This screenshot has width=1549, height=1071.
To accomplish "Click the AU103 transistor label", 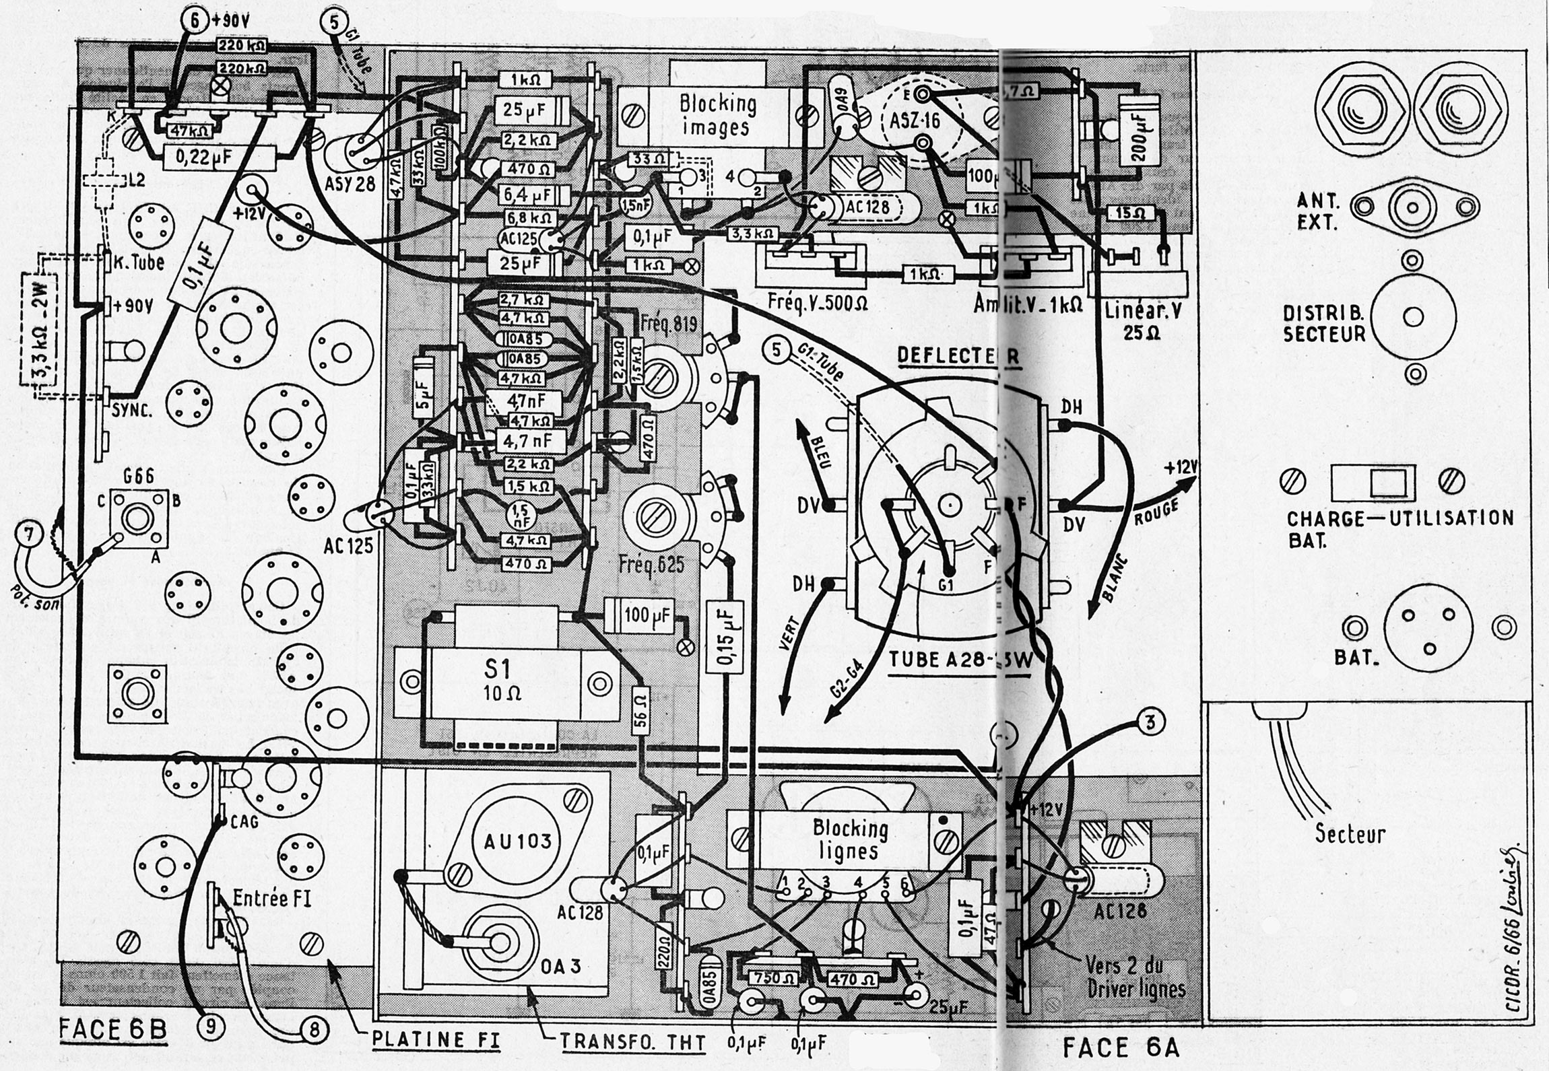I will (517, 841).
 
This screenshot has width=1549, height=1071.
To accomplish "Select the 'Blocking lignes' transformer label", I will (849, 839).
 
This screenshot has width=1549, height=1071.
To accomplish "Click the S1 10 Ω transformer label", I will (498, 680).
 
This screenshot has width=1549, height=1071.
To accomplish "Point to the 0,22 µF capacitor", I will (220, 158).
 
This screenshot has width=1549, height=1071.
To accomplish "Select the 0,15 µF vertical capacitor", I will (725, 634).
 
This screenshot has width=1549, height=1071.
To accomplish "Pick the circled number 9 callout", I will (211, 1026).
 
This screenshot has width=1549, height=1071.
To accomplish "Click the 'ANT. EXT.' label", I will (1318, 211).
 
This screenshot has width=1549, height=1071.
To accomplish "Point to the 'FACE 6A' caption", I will (1120, 1048).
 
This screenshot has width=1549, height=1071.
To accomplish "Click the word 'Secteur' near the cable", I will (1350, 835).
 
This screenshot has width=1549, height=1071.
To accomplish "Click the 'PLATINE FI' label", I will (436, 1039).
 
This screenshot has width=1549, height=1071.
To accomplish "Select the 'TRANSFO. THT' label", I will (633, 1043).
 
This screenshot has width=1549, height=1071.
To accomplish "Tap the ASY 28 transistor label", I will (350, 182).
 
